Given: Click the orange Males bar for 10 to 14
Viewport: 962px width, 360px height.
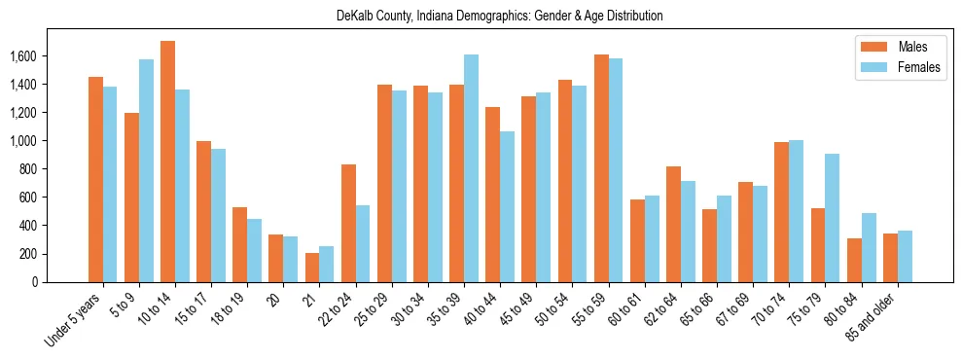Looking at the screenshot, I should (x=167, y=162).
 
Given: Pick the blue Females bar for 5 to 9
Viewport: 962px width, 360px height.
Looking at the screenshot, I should (x=146, y=170).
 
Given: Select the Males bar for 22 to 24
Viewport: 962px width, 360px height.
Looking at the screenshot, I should (x=348, y=223).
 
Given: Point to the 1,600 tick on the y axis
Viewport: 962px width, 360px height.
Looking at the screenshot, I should (x=50, y=56).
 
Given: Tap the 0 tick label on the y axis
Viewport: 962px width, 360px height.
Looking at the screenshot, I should (x=61, y=282).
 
